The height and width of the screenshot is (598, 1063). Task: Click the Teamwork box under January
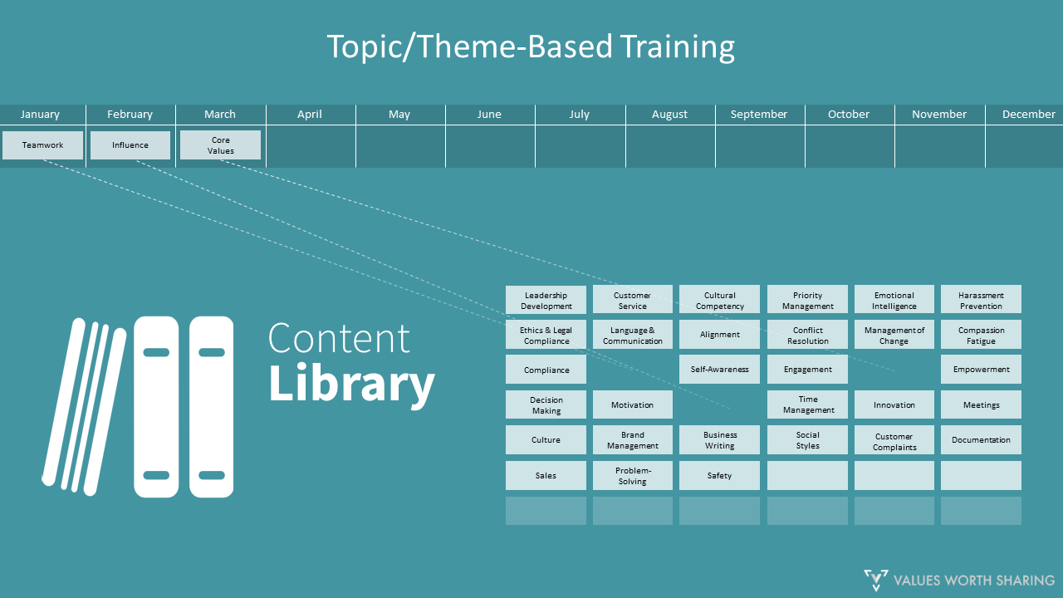[x=42, y=145]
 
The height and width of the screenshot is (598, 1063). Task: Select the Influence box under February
[x=130, y=145]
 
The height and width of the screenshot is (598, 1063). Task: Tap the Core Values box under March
[x=220, y=145]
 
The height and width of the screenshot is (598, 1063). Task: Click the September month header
[x=759, y=115]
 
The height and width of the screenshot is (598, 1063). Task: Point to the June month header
[x=489, y=115]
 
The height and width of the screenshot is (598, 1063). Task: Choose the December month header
[x=1028, y=115]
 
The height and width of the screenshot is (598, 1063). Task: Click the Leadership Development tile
[x=546, y=300]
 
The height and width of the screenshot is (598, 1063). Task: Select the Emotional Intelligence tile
[x=894, y=300]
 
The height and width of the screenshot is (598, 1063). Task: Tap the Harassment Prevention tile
[x=981, y=300]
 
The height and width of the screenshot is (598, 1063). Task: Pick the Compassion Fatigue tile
[x=981, y=335]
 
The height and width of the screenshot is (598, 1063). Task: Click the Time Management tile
[x=807, y=404]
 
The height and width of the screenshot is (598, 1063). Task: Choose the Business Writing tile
[x=719, y=439]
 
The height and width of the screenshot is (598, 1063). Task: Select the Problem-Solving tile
[x=632, y=475]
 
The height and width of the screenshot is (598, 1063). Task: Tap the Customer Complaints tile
[x=894, y=440]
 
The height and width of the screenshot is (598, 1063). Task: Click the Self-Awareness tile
[x=719, y=370]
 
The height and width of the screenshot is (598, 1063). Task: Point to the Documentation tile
[x=981, y=440]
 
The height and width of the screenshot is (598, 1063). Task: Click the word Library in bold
[x=351, y=385]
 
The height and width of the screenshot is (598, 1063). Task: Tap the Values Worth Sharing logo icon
[x=875, y=580]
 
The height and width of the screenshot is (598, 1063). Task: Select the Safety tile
[x=719, y=475]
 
